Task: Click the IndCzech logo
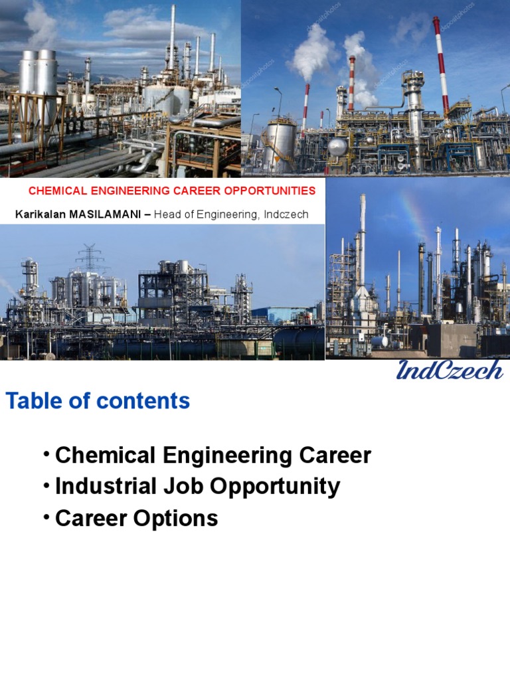coord(450,370)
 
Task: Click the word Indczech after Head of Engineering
coord(286,214)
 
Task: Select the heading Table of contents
coord(98,401)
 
